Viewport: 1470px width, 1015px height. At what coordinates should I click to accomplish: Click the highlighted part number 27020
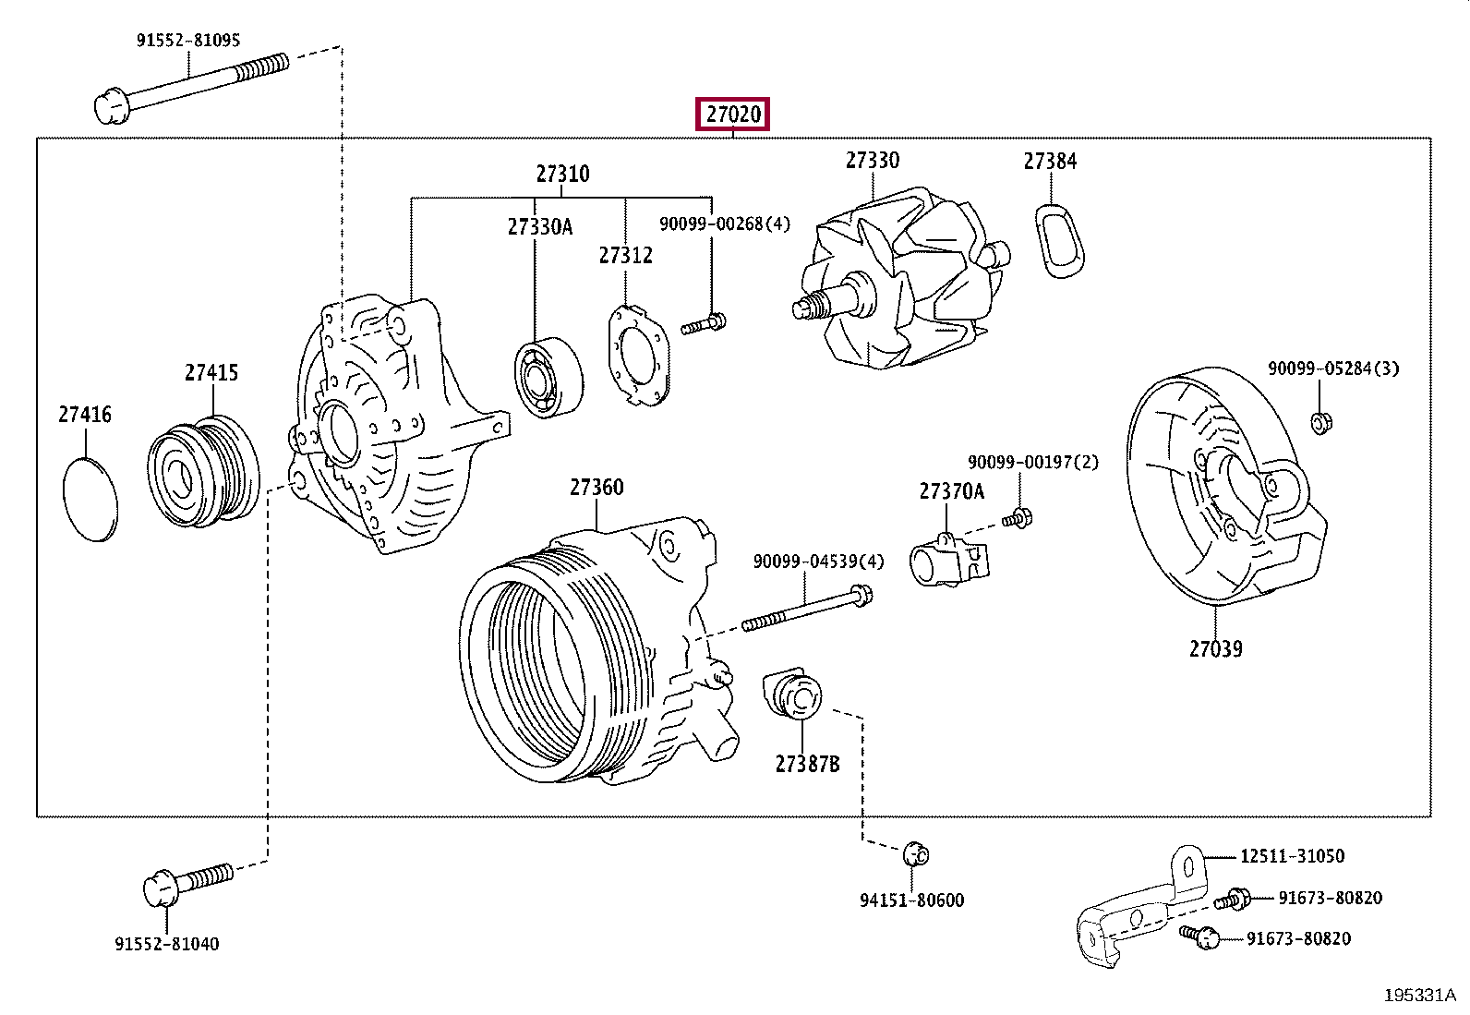click(732, 115)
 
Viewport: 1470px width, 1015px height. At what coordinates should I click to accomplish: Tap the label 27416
click(85, 415)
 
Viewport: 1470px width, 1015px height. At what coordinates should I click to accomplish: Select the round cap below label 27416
click(90, 500)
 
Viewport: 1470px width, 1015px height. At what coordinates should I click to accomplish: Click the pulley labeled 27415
click(203, 471)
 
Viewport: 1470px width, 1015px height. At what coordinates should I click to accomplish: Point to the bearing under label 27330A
click(548, 378)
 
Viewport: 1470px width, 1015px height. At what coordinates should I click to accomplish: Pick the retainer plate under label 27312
click(639, 356)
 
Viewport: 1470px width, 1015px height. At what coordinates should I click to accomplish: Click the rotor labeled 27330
click(901, 278)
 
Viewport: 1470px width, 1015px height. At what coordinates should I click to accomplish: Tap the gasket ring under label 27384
click(1059, 241)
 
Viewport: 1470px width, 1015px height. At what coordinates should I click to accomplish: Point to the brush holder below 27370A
click(948, 560)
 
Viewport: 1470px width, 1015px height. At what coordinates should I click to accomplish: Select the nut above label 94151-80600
click(916, 855)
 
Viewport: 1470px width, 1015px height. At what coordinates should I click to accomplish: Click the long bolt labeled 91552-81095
click(192, 88)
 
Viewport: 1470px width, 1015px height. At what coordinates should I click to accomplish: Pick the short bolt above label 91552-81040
click(187, 885)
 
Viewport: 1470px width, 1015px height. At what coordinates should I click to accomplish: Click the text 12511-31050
click(1292, 856)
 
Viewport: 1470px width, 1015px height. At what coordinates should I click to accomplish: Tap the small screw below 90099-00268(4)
click(704, 323)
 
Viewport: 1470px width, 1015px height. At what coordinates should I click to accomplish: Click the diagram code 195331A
click(1419, 996)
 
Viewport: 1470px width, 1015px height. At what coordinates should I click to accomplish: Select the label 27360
click(596, 487)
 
